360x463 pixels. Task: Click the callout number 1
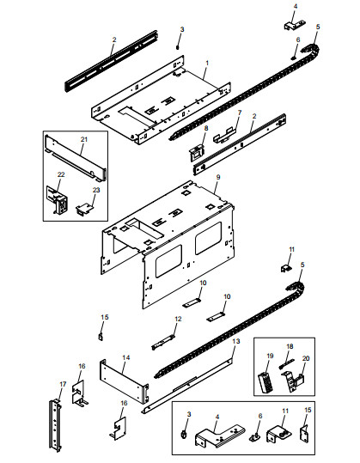click(207, 63)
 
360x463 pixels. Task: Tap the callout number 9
click(218, 177)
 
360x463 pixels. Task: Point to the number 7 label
click(240, 113)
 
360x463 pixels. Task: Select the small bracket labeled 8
click(197, 153)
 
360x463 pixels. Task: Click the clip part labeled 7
click(224, 135)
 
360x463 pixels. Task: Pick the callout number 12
click(178, 319)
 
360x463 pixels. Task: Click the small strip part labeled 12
click(162, 342)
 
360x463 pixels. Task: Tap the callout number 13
click(236, 341)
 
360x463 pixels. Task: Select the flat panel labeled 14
click(124, 381)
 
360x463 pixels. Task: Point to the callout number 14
click(126, 357)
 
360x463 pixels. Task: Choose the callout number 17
click(63, 384)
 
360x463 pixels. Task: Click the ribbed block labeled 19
click(265, 382)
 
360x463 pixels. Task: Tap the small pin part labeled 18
click(286, 363)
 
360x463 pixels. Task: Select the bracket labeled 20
click(293, 381)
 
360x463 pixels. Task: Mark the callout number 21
click(84, 139)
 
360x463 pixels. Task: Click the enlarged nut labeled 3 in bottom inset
click(183, 435)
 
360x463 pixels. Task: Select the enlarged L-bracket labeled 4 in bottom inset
click(219, 436)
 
